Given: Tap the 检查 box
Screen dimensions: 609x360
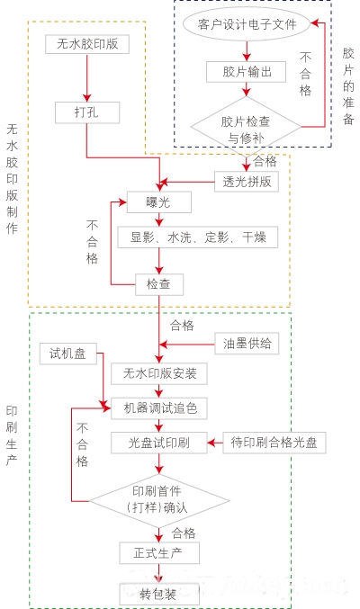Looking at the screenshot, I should pyautogui.click(x=159, y=284).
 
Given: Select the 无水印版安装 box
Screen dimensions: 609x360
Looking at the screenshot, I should pyautogui.click(x=159, y=372).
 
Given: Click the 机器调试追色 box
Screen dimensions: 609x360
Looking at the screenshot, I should pyautogui.click(x=159, y=407).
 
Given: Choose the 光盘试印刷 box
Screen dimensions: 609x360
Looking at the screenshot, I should pyautogui.click(x=159, y=443).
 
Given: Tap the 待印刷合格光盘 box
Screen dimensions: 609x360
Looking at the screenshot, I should pyautogui.click(x=274, y=443).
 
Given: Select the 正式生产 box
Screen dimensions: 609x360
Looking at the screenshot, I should pyautogui.click(x=159, y=551).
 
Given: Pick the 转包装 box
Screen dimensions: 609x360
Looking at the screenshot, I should pyautogui.click(x=159, y=593).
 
